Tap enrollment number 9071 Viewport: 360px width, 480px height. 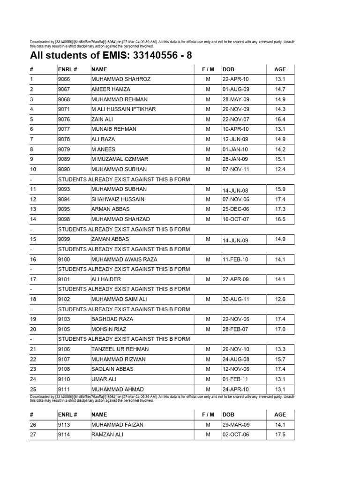(65, 109)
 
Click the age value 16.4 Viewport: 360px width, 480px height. (280, 119)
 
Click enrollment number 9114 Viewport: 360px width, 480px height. (65, 435)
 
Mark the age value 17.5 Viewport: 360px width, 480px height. (280, 435)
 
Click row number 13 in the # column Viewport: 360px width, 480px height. (33, 209)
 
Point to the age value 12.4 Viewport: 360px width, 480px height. (280, 169)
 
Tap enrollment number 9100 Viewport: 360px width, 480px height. (65, 259)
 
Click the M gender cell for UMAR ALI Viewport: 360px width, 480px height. (208, 379)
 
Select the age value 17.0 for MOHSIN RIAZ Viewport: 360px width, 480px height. (280, 329)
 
